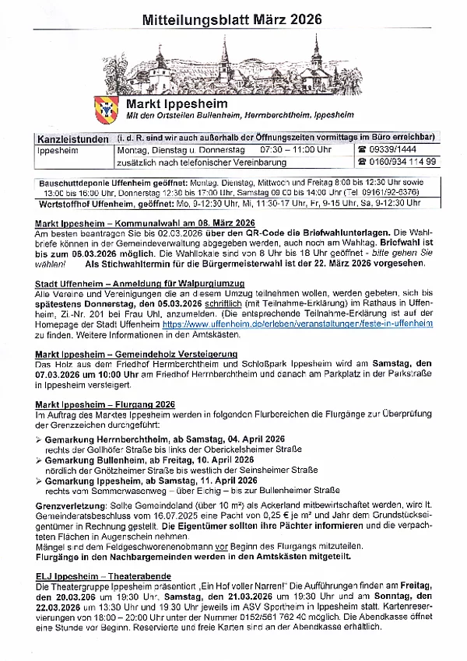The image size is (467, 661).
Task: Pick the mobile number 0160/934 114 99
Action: click(x=401, y=162)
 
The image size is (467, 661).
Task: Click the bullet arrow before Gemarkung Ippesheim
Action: click(x=40, y=481)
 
